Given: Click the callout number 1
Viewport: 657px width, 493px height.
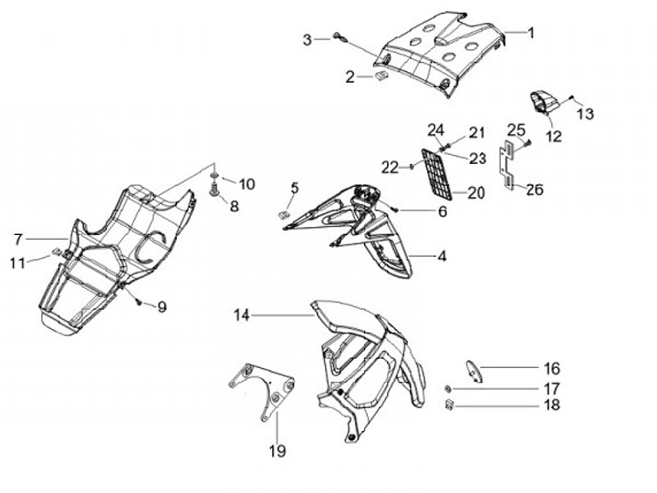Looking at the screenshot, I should click(x=531, y=32).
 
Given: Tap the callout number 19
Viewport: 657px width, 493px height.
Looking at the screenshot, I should click(x=277, y=450).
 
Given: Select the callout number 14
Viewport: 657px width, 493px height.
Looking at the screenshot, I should click(x=241, y=315).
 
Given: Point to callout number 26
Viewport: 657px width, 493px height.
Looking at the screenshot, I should click(x=535, y=190).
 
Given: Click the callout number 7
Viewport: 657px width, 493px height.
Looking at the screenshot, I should click(x=18, y=239).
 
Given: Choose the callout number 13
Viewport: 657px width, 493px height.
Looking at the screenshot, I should click(x=585, y=114).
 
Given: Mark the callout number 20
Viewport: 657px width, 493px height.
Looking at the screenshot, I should click(x=476, y=192).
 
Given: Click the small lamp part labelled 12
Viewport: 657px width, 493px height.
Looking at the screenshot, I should click(x=543, y=102).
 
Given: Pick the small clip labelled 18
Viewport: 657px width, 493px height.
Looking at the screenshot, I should click(x=450, y=405).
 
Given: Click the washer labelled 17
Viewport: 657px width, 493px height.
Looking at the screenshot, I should click(x=448, y=389).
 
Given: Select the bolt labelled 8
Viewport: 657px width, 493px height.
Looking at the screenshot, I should click(x=215, y=190).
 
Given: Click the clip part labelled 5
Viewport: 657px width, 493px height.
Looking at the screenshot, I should click(x=284, y=213).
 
